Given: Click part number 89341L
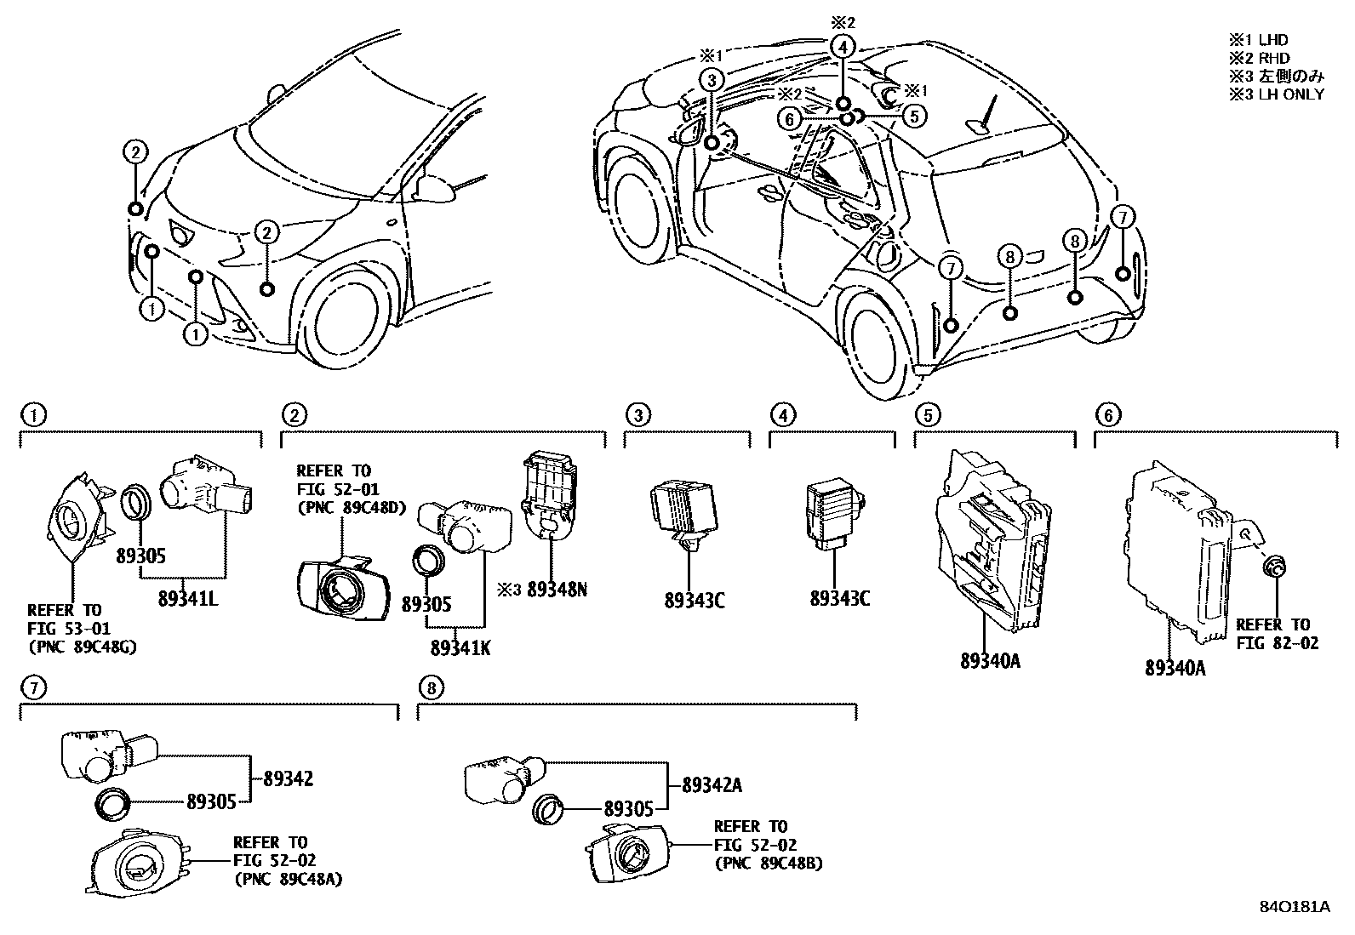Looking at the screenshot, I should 187,599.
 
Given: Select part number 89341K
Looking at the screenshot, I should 460,648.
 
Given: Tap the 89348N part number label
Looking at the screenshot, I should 557,589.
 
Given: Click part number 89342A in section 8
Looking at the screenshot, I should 712,785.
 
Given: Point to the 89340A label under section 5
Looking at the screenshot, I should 989,660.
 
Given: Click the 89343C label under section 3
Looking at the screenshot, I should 695,601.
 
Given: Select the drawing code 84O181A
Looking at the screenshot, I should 1295,907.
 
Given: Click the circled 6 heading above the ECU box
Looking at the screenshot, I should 1108,415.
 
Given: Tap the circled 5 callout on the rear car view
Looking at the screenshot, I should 913,116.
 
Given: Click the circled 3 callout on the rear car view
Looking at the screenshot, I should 712,80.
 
